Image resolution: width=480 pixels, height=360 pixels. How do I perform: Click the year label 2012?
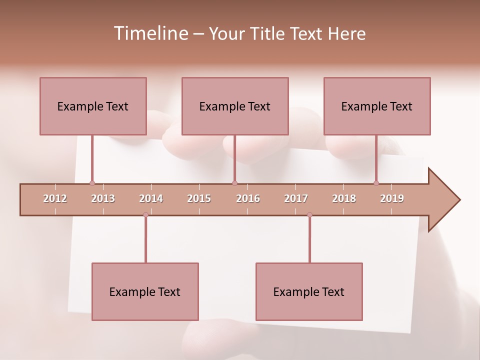pyautogui.click(x=55, y=199)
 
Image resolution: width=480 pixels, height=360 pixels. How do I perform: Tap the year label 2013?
pyautogui.click(x=103, y=199)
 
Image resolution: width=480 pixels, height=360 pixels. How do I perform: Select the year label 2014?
pyautogui.click(x=151, y=199)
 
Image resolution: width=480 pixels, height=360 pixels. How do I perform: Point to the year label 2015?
pyautogui.click(x=199, y=199)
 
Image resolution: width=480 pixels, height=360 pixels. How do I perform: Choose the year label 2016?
pyautogui.click(x=248, y=199)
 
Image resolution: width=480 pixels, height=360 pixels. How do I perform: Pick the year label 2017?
pyautogui.click(x=296, y=199)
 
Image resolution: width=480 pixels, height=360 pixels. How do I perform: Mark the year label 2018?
pyautogui.click(x=344, y=199)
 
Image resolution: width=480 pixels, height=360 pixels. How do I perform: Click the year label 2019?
pyautogui.click(x=392, y=199)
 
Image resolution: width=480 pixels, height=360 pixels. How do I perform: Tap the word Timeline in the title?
pyautogui.click(x=150, y=33)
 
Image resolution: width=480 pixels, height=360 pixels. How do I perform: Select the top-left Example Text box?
pyautogui.click(x=93, y=106)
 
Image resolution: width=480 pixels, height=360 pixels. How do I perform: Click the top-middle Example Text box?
pyautogui.click(x=235, y=106)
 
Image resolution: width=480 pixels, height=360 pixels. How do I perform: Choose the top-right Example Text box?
pyautogui.click(x=377, y=106)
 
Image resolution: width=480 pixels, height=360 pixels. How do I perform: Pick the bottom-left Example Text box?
pyautogui.click(x=145, y=292)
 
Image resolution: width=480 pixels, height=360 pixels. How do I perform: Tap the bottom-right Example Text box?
pyautogui.click(x=309, y=292)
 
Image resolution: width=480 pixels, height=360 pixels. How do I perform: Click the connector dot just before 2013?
pyautogui.click(x=92, y=183)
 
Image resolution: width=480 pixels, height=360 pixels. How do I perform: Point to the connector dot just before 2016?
pyautogui.click(x=234, y=183)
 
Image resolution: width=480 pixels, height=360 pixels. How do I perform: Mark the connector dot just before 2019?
pyautogui.click(x=376, y=183)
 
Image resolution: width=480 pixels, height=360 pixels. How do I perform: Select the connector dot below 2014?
pyautogui.click(x=145, y=214)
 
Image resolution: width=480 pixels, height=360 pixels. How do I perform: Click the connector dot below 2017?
pyautogui.click(x=309, y=214)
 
